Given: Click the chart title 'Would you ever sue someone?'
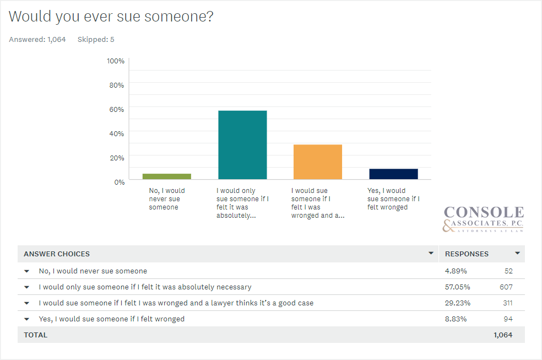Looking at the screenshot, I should [x=111, y=17].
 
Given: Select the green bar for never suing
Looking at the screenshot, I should [x=166, y=176].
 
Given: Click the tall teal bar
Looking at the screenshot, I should [x=242, y=145].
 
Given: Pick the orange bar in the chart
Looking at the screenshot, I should [x=318, y=162].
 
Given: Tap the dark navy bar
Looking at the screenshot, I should [x=393, y=174].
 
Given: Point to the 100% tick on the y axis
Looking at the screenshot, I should [x=116, y=61].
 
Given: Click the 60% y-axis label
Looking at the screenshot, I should [x=116, y=109].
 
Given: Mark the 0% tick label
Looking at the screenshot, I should [x=119, y=182].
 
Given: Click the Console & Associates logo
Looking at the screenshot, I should [x=484, y=219].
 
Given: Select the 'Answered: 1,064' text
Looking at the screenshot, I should [x=37, y=40].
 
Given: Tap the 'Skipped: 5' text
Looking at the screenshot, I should [x=96, y=40].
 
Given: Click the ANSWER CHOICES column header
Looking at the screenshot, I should [x=57, y=254].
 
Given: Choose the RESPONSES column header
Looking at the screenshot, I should [x=467, y=254].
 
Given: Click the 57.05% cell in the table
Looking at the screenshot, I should [x=457, y=287].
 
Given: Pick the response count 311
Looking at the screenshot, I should [x=507, y=303].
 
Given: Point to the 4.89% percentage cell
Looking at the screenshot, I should [x=456, y=271].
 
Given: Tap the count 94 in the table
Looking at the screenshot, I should [x=507, y=319].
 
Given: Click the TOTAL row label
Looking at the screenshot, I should [x=36, y=335].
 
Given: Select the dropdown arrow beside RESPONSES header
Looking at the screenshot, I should [x=517, y=254].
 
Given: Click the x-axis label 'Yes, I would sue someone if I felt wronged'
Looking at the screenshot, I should [x=393, y=199].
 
